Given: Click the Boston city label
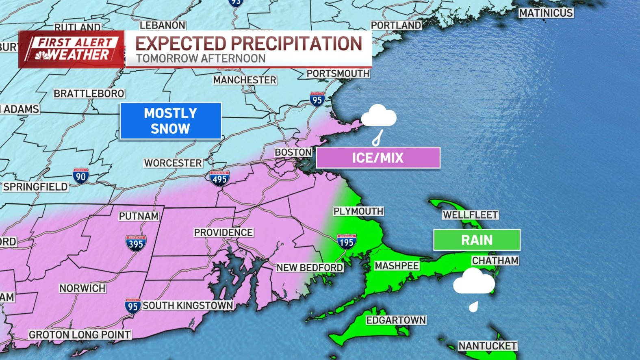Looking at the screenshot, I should (293, 152).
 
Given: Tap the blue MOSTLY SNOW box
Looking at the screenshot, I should (171, 121).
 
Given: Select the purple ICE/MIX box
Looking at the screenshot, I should (378, 158).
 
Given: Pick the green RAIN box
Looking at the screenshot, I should (477, 240).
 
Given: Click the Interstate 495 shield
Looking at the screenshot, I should (219, 179).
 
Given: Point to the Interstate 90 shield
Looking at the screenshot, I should (81, 176).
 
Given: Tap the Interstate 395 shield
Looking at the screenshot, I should (136, 243).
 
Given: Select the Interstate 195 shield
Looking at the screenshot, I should (346, 242).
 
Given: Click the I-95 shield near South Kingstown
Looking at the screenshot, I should (132, 306).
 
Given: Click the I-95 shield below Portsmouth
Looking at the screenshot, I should (317, 99).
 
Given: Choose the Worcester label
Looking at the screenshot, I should (173, 163).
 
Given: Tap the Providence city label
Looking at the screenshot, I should (223, 232).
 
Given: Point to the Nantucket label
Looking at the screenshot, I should (488, 346).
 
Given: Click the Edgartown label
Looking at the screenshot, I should (396, 320).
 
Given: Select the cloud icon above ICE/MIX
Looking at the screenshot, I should (379, 116).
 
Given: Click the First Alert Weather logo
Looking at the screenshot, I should (72, 49).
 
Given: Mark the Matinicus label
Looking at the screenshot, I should (546, 13).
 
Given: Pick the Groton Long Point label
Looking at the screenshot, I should (80, 334).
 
